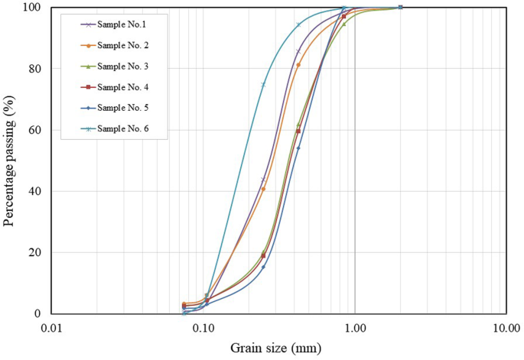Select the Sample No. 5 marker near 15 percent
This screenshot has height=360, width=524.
(263, 267)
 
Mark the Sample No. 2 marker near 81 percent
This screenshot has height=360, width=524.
(298, 65)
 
